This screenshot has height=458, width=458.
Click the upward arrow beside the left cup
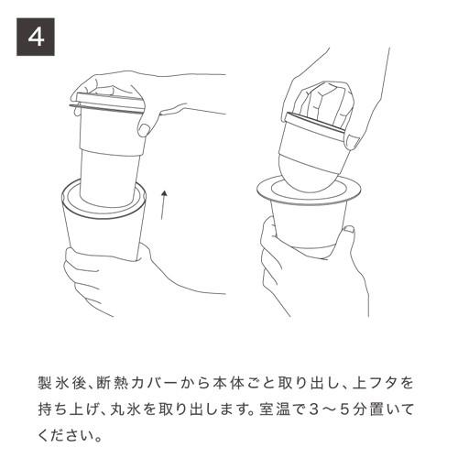click(162, 206)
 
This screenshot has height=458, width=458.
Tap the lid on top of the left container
click(108, 104)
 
